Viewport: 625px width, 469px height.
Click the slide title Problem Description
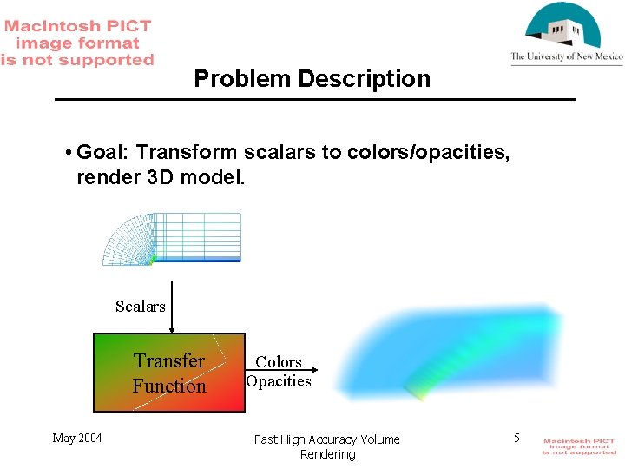(x=312, y=79)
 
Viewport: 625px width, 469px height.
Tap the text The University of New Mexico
(x=566, y=57)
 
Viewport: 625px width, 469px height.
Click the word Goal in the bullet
(x=102, y=153)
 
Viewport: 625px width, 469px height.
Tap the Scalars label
(x=140, y=307)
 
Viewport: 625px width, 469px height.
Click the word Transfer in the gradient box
(x=169, y=360)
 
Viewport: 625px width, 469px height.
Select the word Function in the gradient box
(x=169, y=386)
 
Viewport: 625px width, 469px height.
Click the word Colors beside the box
(x=279, y=361)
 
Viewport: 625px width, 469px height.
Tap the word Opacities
(x=279, y=381)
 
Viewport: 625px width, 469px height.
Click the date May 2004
(x=76, y=438)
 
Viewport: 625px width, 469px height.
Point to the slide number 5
(x=516, y=438)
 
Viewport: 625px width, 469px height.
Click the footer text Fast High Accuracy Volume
(x=327, y=439)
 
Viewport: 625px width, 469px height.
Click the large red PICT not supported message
(x=77, y=43)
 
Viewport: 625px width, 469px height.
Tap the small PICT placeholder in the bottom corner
(x=579, y=446)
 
